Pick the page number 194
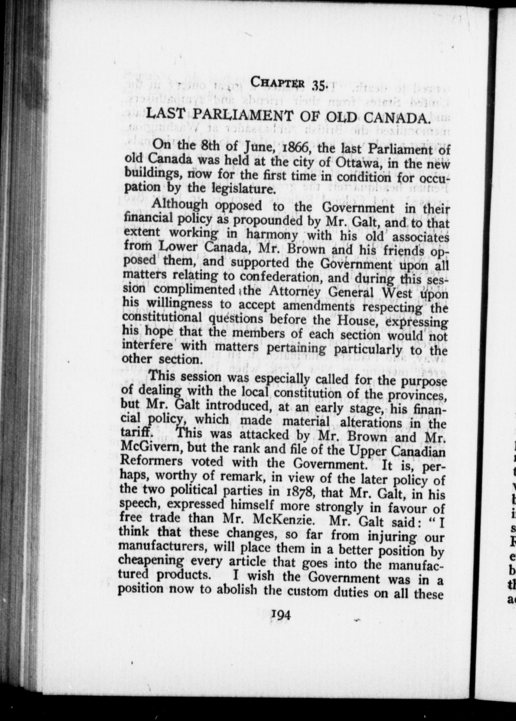(x=281, y=625)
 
